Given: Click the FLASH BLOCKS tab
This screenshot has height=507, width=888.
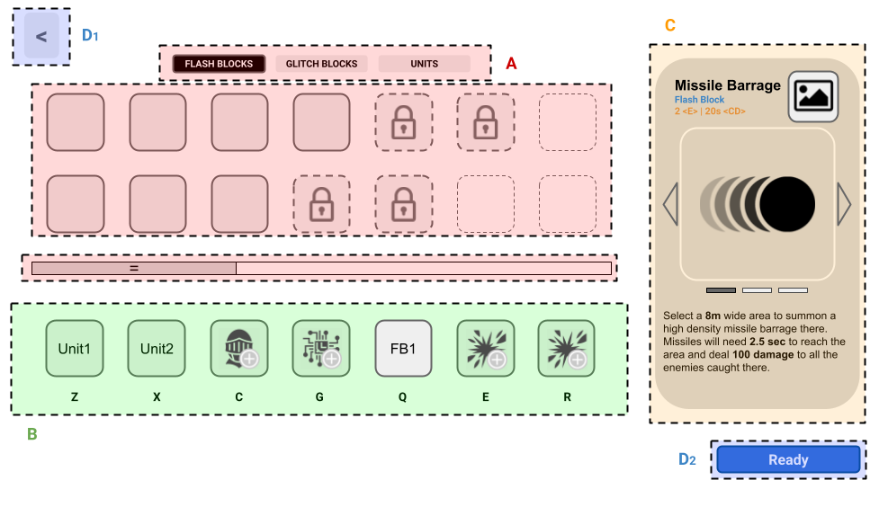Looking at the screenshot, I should point(219,64).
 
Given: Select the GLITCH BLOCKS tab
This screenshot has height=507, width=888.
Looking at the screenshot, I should point(321,64).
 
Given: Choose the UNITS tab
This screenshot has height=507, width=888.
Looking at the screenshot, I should point(424,64).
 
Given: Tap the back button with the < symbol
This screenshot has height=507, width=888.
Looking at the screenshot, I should point(41,37).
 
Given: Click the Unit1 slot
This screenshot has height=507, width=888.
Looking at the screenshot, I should point(75,349).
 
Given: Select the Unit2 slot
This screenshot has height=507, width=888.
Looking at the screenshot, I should point(157,349).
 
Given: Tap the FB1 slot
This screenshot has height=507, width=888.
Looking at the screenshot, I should point(403,349).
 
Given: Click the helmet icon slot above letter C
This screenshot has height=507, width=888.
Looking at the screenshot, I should point(238,349).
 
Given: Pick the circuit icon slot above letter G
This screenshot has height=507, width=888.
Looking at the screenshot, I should point(321,349).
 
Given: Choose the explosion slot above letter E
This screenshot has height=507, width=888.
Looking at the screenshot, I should point(485,349).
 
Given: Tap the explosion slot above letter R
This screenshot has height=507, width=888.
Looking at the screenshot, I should point(566,349).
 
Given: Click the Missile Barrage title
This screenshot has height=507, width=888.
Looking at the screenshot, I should point(727,85).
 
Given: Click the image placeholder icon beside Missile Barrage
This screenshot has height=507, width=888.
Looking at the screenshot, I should point(813,96).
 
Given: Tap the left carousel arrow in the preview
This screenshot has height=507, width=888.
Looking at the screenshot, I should point(670,204).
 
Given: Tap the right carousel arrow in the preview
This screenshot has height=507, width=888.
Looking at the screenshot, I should point(843,204).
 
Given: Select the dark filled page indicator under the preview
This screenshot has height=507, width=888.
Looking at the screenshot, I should point(721,290).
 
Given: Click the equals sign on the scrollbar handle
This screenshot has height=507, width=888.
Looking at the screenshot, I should point(133,268).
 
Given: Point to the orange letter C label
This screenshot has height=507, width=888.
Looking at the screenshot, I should point(670,25).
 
